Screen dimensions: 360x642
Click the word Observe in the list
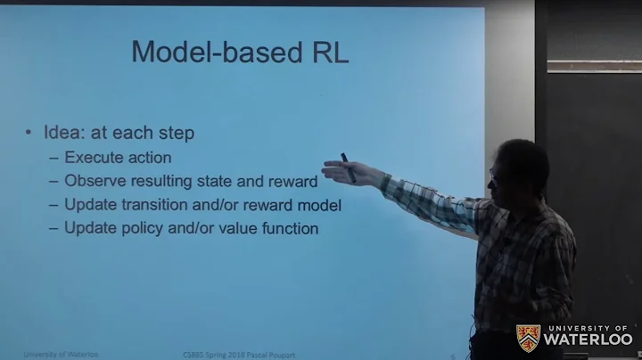pos(95,181)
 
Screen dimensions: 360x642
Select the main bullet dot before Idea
pos(29,134)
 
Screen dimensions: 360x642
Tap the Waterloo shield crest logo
pos(528,337)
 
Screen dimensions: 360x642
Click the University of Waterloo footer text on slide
pos(61,355)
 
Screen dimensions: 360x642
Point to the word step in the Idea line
pos(175,134)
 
